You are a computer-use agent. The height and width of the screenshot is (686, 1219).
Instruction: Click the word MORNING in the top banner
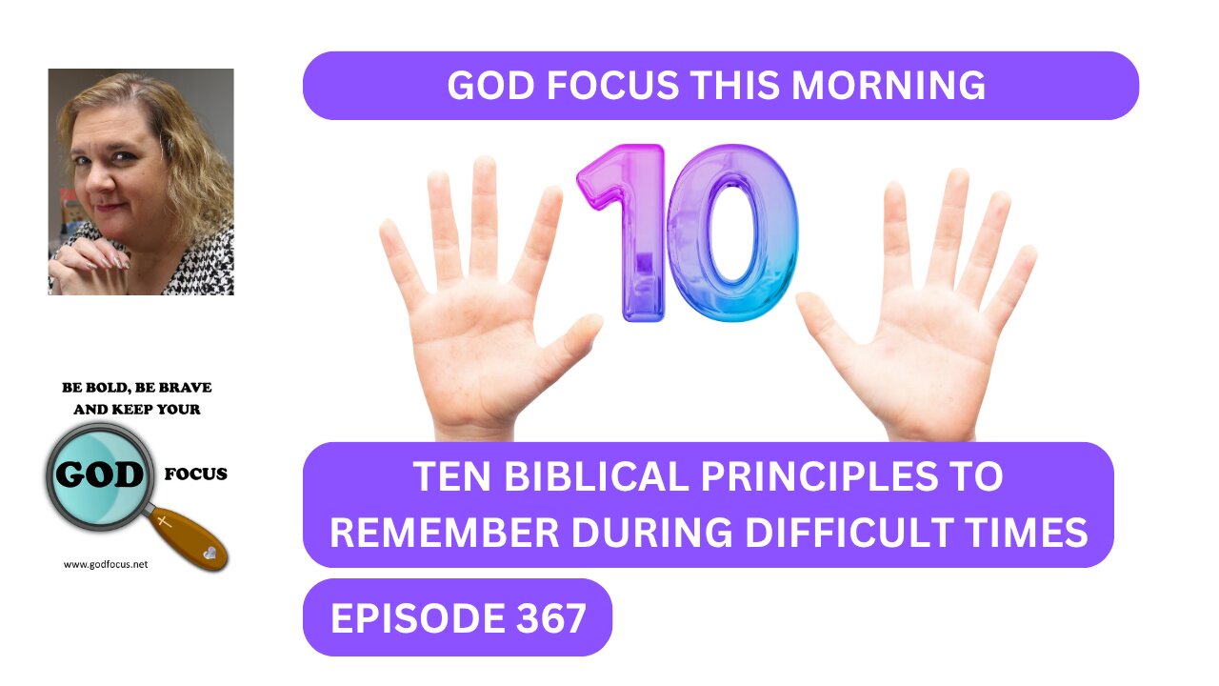pos(889,86)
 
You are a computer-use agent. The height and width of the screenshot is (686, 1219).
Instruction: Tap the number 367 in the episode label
pos(550,618)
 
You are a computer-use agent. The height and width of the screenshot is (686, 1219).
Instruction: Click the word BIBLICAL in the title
pos(596,477)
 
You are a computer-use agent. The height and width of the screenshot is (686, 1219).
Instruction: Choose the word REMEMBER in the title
pos(444,533)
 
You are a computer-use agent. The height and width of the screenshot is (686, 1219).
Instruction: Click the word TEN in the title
pos(452,477)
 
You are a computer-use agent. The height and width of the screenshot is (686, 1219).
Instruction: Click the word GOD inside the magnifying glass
pos(99,475)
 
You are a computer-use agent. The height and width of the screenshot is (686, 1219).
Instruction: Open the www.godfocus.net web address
pos(106,565)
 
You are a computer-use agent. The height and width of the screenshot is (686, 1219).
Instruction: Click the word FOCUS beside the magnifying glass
pos(196,474)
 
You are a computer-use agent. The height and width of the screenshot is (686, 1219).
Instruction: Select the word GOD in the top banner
pos(490,86)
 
